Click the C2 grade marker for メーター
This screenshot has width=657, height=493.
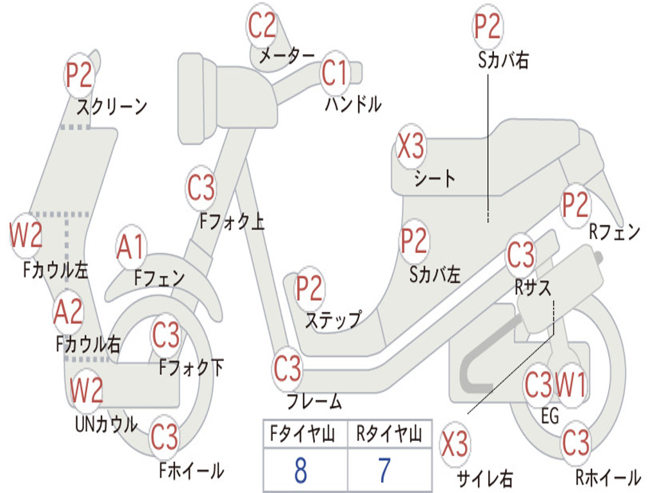(x=262, y=26)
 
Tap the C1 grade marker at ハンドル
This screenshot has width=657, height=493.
(x=334, y=73)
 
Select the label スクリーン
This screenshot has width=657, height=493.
(x=112, y=106)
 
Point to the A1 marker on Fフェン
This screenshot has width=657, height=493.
(x=132, y=247)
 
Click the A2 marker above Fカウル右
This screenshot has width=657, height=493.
(x=69, y=312)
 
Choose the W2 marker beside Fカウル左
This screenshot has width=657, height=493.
(x=26, y=235)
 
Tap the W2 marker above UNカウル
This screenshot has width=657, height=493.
(x=87, y=390)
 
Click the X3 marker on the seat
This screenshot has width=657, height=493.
(x=411, y=146)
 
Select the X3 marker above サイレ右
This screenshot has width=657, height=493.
(x=455, y=444)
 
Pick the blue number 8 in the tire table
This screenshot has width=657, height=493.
(x=300, y=471)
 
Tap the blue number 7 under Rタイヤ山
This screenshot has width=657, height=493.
(x=384, y=471)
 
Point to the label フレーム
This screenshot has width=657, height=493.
(x=314, y=402)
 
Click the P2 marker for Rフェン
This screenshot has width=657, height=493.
(x=575, y=205)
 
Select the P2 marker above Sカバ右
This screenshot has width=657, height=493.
(x=487, y=26)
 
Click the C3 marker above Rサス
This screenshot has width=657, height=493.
(x=521, y=255)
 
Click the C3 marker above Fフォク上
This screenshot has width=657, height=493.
(x=201, y=188)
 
